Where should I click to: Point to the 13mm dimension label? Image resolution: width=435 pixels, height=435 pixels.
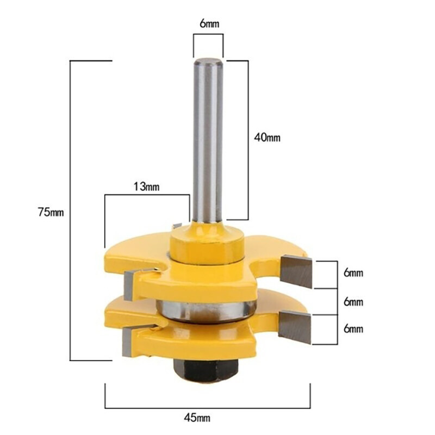pyautogui.click(x=146, y=187)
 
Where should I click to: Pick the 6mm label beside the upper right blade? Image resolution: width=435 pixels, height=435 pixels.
pyautogui.click(x=353, y=273)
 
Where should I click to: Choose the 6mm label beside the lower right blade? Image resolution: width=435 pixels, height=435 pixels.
pyautogui.click(x=353, y=328)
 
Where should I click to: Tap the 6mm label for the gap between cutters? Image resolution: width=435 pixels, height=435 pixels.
pyautogui.click(x=353, y=302)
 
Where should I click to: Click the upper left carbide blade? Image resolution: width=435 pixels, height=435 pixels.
pyautogui.click(x=130, y=284)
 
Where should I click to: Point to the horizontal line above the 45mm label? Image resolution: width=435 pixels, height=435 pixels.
pyautogui.click(x=208, y=407)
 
